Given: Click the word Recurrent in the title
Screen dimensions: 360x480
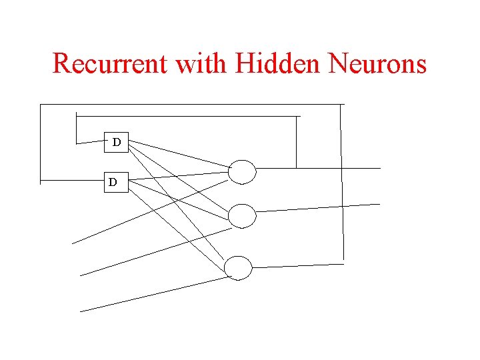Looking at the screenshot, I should (x=111, y=64).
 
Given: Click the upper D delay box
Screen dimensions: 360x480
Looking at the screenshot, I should (x=117, y=143).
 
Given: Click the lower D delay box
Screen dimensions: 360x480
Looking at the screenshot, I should (x=114, y=181).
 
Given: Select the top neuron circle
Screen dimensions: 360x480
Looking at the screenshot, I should (x=242, y=171).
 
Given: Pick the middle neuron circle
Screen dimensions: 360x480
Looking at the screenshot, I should (x=242, y=215).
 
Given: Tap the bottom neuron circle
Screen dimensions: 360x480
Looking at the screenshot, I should (x=238, y=268).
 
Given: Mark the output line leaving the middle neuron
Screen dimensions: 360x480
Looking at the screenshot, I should (x=320, y=208).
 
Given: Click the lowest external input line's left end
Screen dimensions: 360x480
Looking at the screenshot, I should (x=82, y=311).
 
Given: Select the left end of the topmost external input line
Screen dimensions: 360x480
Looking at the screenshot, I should (x=74, y=243).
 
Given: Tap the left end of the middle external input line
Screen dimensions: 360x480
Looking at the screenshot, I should (x=82, y=275).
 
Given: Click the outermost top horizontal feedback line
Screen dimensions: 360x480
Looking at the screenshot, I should (x=193, y=105).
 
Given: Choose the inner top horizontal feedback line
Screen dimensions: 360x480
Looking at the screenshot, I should (x=187, y=116).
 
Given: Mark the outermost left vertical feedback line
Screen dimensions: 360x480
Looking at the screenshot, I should (x=40, y=143).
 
